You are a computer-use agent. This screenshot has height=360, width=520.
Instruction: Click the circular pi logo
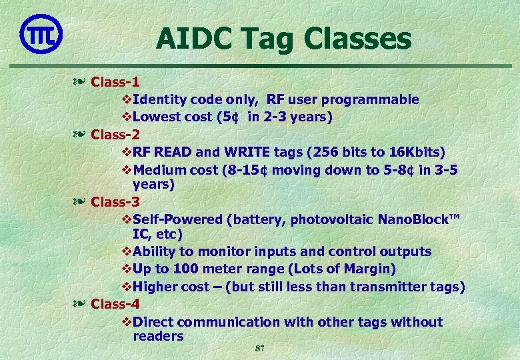(x=41, y=34)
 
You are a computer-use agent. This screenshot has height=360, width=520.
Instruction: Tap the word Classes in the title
(x=357, y=39)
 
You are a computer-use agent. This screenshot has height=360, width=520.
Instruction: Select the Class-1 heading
(x=115, y=82)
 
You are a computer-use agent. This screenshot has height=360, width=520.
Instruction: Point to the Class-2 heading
(x=115, y=134)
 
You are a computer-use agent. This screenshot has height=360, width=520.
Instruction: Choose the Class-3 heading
(x=115, y=201)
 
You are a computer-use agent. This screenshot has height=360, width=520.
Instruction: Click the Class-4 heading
(x=115, y=304)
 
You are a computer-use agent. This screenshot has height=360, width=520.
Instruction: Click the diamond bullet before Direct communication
(x=127, y=322)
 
